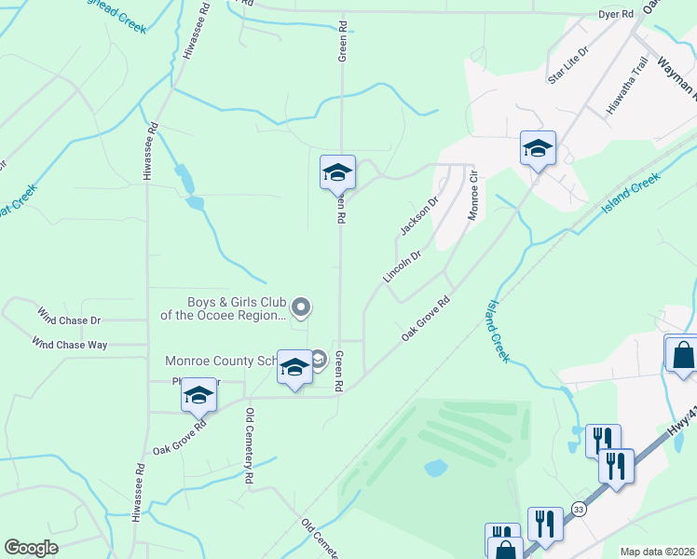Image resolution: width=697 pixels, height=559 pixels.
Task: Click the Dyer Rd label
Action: pos(615,15)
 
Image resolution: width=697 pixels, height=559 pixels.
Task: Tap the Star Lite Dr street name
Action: pos(568,66)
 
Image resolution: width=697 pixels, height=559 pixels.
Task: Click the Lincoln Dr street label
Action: pos(402,266)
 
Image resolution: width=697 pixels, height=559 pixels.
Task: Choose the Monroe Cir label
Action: pos(472,193)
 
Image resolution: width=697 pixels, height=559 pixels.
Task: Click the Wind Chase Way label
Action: pos(69,344)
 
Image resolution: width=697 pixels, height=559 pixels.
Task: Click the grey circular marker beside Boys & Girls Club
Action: pos(301,307)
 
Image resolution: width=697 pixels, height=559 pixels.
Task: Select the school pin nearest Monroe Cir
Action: pos(538,148)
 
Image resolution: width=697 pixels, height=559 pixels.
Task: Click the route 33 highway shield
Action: pos(579,509)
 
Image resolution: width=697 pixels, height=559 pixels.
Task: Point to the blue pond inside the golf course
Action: pos(435,468)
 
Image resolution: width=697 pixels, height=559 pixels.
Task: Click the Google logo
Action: pos(31,548)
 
